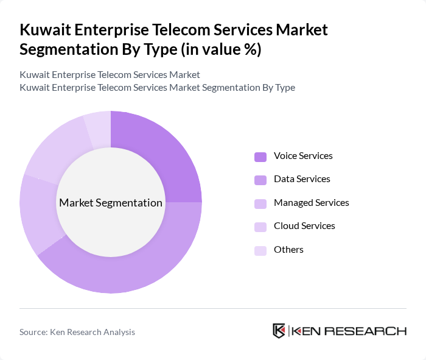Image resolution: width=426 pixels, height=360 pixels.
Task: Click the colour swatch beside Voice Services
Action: pos(260,157)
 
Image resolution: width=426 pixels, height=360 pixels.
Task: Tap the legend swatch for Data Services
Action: pos(260,180)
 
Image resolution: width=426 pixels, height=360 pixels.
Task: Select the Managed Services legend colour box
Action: pos(260,203)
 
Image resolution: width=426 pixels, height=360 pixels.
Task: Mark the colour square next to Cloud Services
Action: pos(260,227)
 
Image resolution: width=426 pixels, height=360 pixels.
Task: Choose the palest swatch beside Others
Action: pos(260,250)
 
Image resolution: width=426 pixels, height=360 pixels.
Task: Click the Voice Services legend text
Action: pos(303,156)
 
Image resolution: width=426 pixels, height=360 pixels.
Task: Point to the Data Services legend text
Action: pos(302,179)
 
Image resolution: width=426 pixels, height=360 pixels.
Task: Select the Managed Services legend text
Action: pos(312,203)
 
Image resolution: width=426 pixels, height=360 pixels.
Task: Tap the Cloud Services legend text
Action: pos(304,226)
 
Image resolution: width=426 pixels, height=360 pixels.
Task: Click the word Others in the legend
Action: pos(288,250)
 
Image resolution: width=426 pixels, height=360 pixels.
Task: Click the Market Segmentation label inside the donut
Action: pos(111,203)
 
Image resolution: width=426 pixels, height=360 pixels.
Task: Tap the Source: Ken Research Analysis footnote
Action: pos(77,332)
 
